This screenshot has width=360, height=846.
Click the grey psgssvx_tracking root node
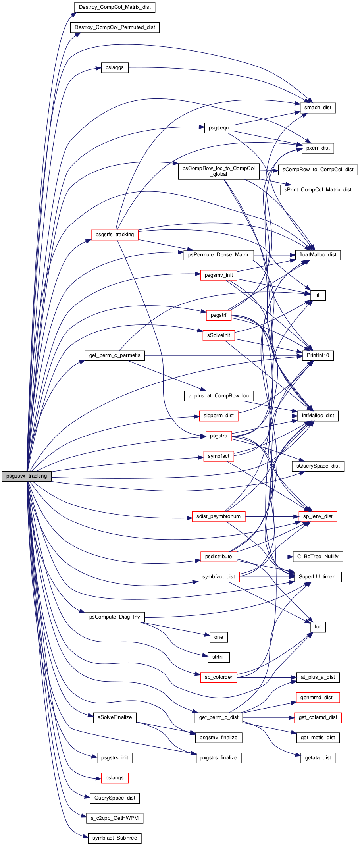(x=27, y=476)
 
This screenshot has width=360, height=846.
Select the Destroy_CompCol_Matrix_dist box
(x=115, y=7)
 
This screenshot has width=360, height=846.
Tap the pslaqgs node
(x=115, y=67)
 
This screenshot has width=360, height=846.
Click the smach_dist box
(x=318, y=108)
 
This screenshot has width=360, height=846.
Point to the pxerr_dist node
(x=318, y=148)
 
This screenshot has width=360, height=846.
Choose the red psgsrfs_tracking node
(x=115, y=235)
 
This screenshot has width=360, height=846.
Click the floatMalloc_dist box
(x=318, y=255)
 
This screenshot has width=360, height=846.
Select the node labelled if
(x=318, y=295)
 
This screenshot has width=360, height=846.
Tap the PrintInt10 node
(x=318, y=355)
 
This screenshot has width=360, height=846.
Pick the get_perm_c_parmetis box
(x=115, y=355)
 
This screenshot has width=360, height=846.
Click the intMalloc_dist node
(x=318, y=416)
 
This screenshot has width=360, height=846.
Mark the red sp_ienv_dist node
(x=318, y=516)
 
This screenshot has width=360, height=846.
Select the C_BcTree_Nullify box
(x=318, y=557)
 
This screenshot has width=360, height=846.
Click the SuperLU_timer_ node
(x=318, y=577)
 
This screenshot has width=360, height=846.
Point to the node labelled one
(x=219, y=637)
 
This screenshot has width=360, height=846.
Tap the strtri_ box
(x=219, y=657)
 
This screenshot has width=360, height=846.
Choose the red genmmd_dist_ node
(x=318, y=698)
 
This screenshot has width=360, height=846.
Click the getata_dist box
(x=318, y=758)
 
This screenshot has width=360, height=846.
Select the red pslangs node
(x=115, y=778)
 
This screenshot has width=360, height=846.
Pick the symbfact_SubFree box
(x=115, y=838)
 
